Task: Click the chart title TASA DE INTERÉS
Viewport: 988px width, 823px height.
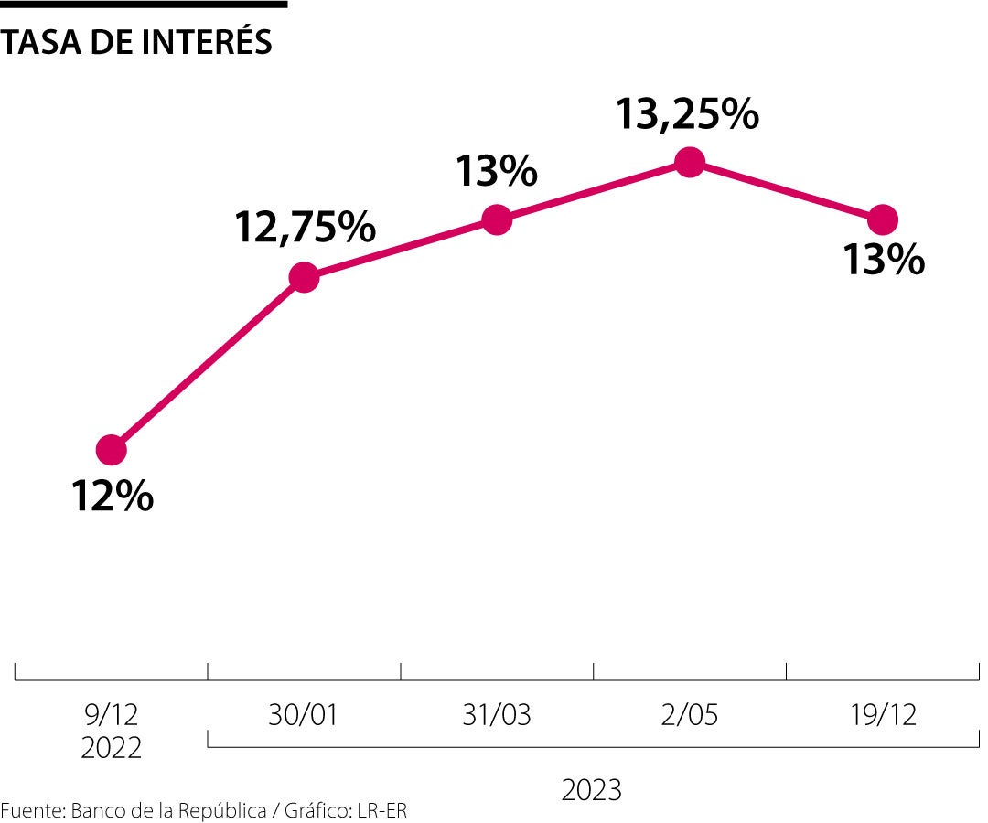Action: (137, 41)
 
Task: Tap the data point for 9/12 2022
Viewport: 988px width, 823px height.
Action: (111, 450)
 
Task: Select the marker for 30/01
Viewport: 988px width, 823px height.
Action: (304, 277)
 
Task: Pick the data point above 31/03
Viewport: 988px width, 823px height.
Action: (497, 219)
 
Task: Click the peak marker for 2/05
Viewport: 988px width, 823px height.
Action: (690, 162)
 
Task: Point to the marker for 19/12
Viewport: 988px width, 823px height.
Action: (883, 219)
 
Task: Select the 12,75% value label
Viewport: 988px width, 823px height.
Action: (306, 228)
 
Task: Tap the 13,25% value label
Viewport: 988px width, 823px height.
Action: (686, 114)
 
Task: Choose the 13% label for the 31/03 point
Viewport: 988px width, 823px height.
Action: (496, 171)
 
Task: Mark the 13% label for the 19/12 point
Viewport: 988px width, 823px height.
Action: (883, 261)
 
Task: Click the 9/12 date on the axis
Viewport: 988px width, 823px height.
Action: (111, 714)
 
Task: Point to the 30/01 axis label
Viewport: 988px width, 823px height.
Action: (303, 714)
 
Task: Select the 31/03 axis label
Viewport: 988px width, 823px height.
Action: (496, 714)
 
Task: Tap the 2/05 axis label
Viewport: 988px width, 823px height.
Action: (689, 714)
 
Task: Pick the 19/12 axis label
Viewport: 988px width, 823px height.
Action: (882, 714)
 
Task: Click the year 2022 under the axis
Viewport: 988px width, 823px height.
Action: (111, 748)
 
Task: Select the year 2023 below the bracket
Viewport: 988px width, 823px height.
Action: (592, 789)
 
